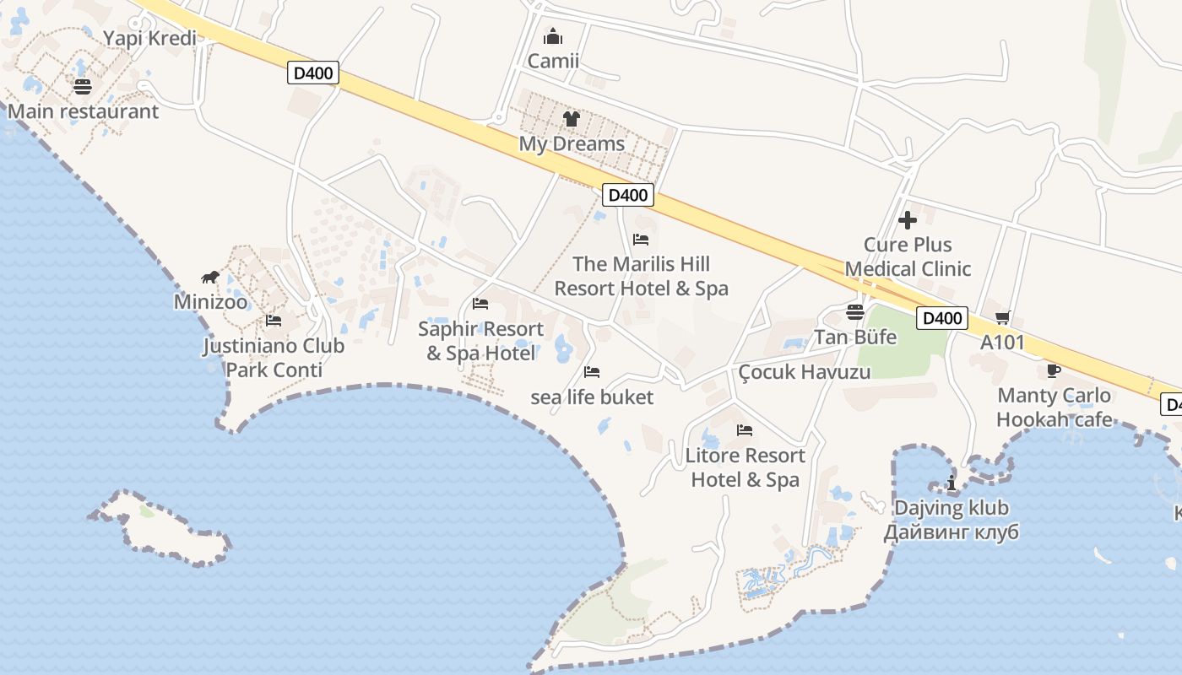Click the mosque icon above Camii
(x=553, y=36)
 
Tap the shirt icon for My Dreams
(x=572, y=119)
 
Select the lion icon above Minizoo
(x=210, y=278)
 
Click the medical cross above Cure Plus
(x=908, y=220)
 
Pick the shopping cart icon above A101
(x=1002, y=318)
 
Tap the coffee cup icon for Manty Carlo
(x=1053, y=371)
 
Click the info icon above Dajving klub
(x=952, y=483)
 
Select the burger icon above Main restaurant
(x=82, y=86)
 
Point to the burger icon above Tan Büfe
(x=854, y=313)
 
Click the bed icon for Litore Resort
(x=744, y=430)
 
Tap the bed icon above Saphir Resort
(x=480, y=304)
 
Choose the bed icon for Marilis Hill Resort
(x=641, y=240)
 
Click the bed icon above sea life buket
(x=592, y=372)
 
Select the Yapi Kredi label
(x=149, y=38)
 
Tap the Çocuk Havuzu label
(x=804, y=372)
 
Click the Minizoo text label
(x=211, y=302)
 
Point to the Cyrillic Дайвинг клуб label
(x=952, y=532)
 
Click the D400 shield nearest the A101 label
(x=942, y=318)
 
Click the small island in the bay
(x=160, y=526)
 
